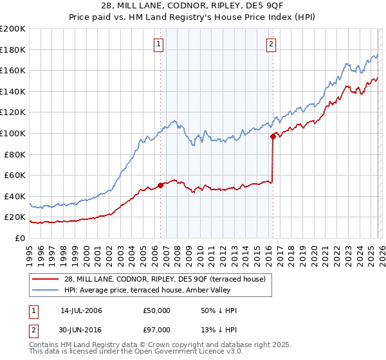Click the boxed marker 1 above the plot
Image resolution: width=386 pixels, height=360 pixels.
158,44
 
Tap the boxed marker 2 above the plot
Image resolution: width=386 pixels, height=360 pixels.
271,44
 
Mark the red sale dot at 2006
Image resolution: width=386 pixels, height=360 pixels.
160,186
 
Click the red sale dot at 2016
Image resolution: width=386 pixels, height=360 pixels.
273,136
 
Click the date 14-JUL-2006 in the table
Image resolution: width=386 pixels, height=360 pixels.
81,310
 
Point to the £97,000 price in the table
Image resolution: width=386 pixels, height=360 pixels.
157,331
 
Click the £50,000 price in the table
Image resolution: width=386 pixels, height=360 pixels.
157,310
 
